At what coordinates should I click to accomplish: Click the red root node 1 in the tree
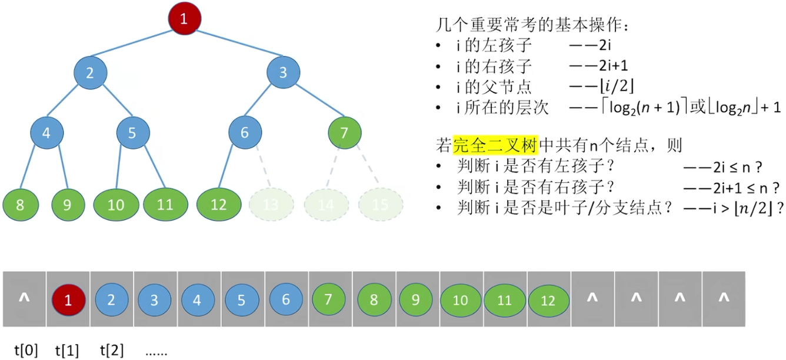[184, 19]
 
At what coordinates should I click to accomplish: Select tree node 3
[284, 73]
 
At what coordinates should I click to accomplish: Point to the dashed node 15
[381, 205]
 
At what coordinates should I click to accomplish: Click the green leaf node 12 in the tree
[218, 205]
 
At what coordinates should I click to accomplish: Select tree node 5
[132, 133]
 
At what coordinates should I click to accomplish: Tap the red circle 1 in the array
[68, 301]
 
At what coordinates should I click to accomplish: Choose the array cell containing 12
[548, 301]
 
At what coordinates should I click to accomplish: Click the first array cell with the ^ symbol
[24, 299]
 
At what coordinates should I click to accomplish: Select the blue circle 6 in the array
[286, 299]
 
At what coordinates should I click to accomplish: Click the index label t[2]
[112, 351]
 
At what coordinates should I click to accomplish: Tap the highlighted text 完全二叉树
[495, 145]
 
